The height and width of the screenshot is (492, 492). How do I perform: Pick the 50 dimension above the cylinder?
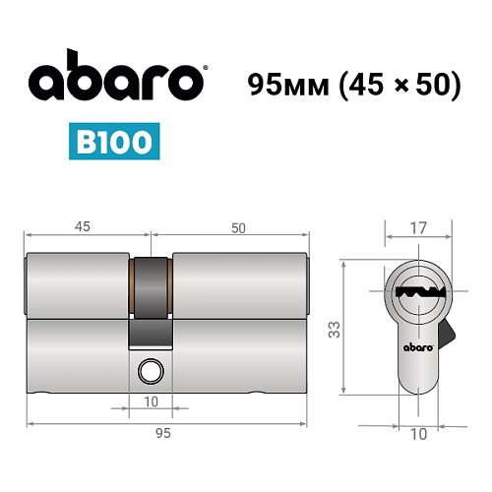(x=237, y=227)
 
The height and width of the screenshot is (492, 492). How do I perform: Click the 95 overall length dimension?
(x=163, y=433)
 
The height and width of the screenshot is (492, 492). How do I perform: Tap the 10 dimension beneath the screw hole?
(x=152, y=400)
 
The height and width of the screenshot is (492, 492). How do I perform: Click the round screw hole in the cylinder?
(x=152, y=371)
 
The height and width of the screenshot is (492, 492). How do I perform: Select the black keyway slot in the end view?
(x=414, y=292)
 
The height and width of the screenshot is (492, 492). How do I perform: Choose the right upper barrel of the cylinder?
(x=241, y=286)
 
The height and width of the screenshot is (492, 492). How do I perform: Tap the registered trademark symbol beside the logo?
(x=204, y=69)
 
